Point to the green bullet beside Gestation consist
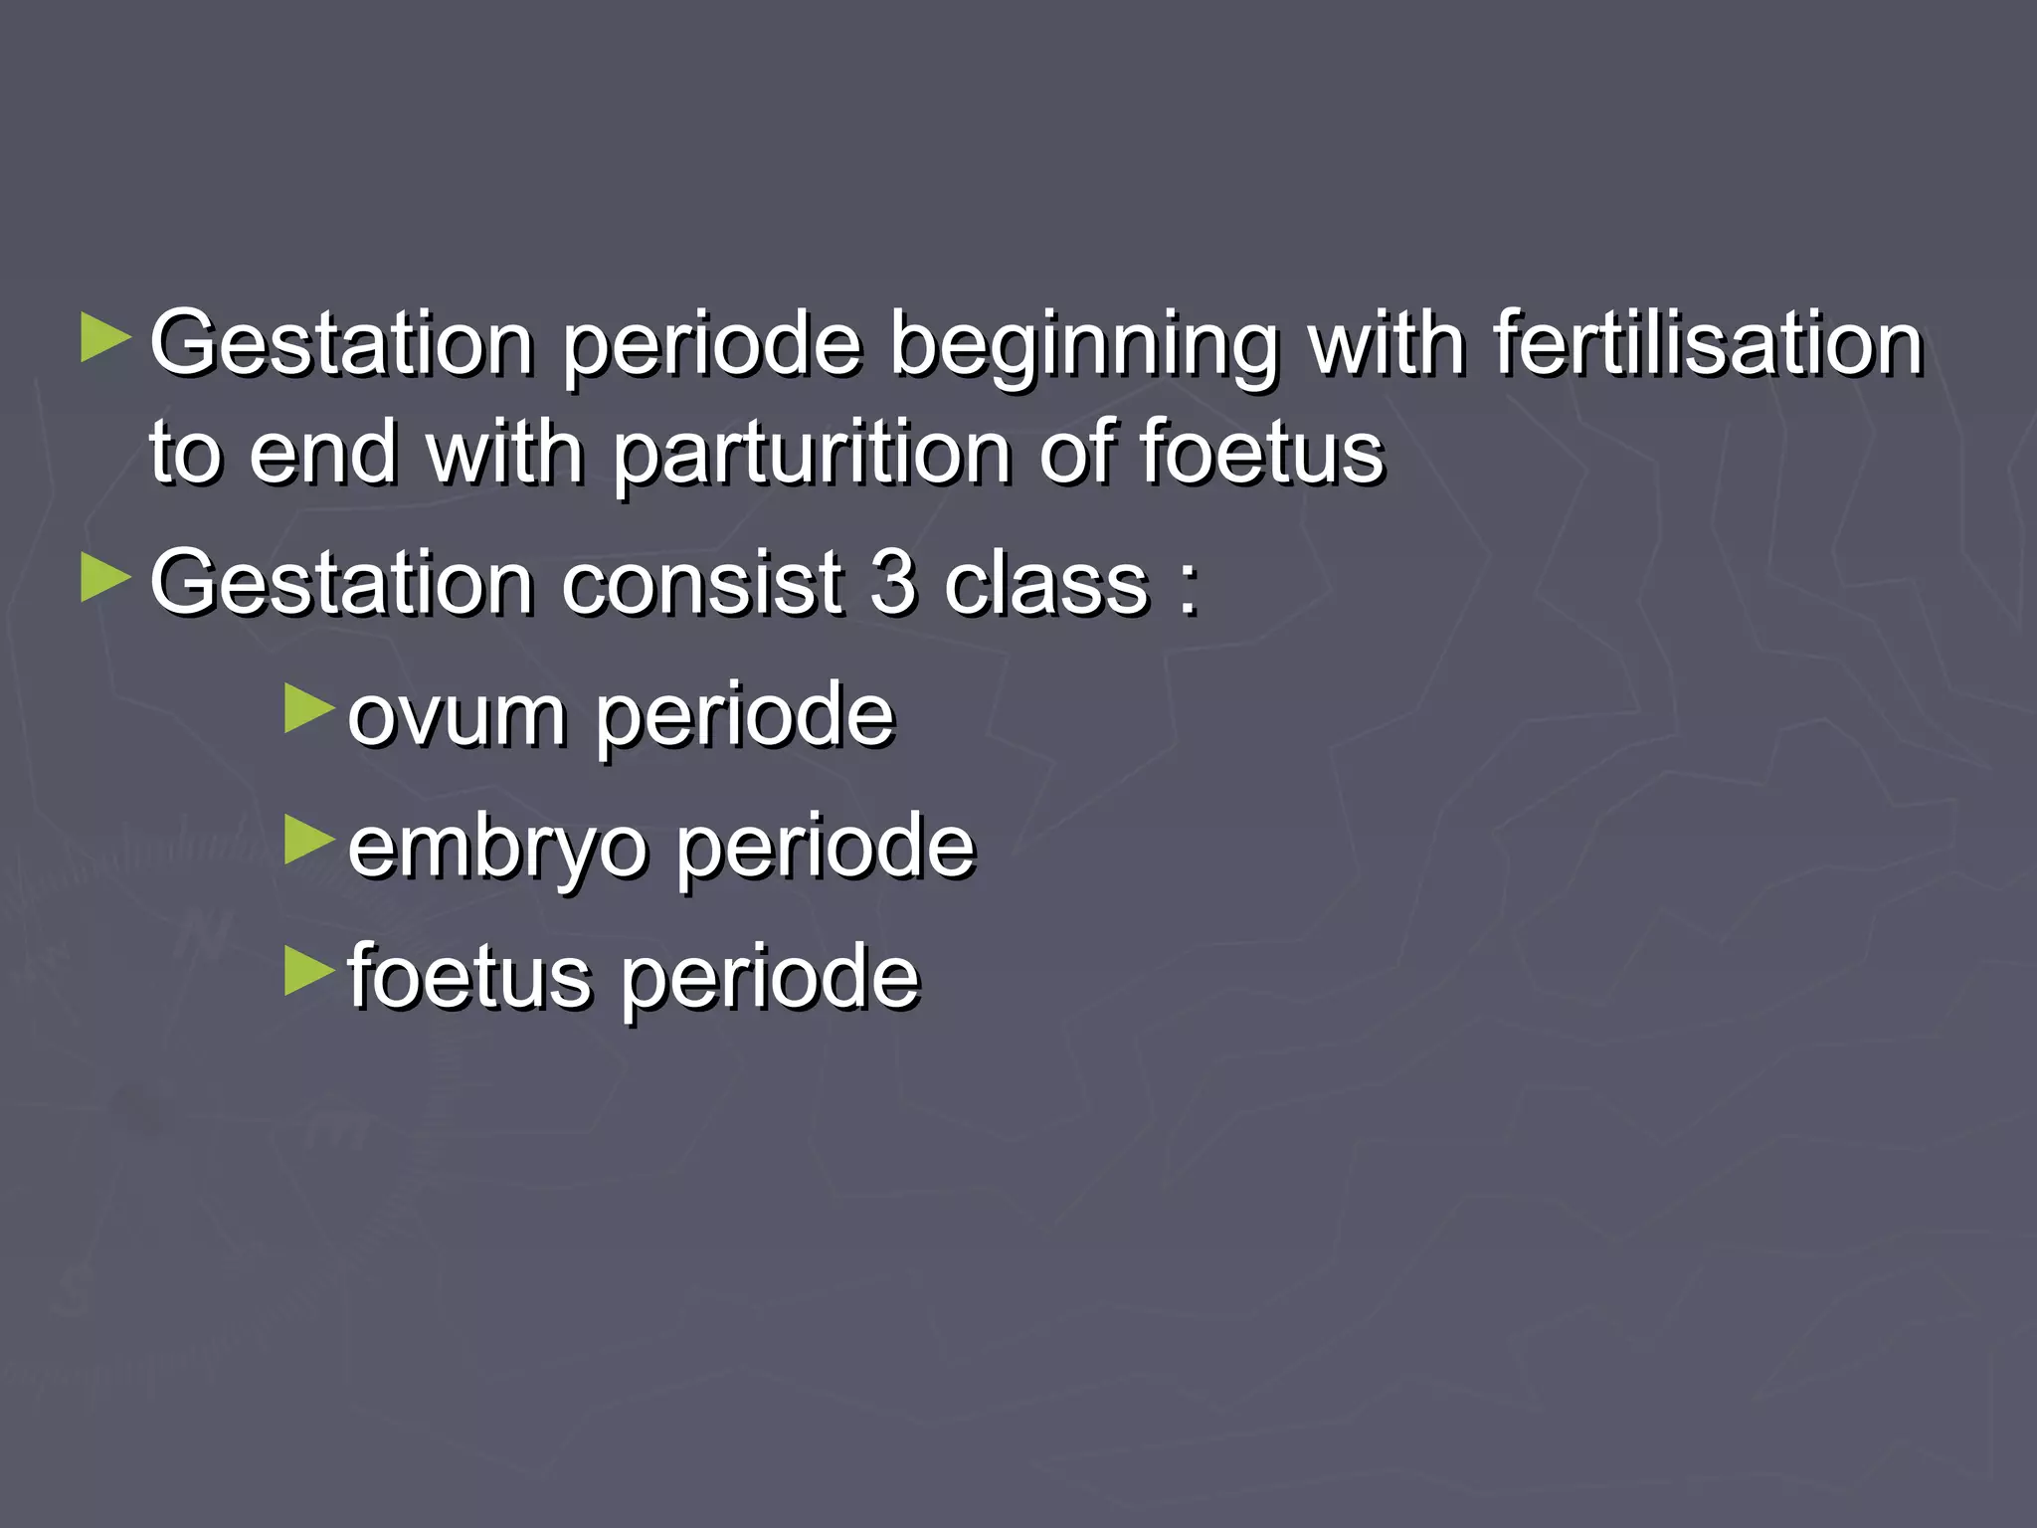(105, 578)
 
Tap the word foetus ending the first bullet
(1261, 455)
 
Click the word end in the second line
(322, 455)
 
